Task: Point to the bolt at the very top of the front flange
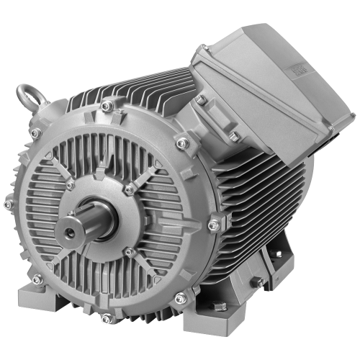107,107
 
